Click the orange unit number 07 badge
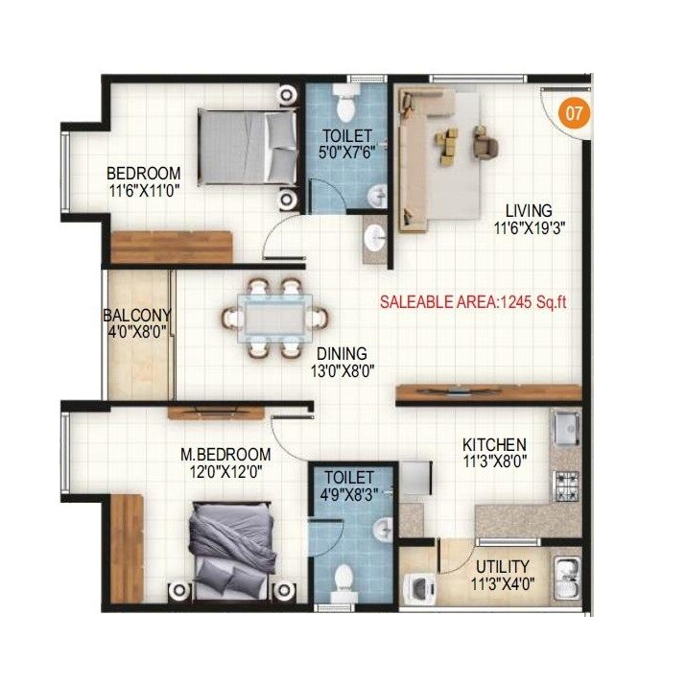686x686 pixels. coord(574,112)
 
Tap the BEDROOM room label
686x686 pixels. coord(143,174)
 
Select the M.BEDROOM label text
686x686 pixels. coord(227,454)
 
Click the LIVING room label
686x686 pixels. coord(523,211)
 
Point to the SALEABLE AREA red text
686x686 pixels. coord(473,301)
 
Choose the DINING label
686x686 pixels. coord(342,353)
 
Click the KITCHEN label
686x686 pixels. coord(494,444)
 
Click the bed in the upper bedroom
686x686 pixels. coord(248,146)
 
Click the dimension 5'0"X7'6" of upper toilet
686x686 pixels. coord(347,152)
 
